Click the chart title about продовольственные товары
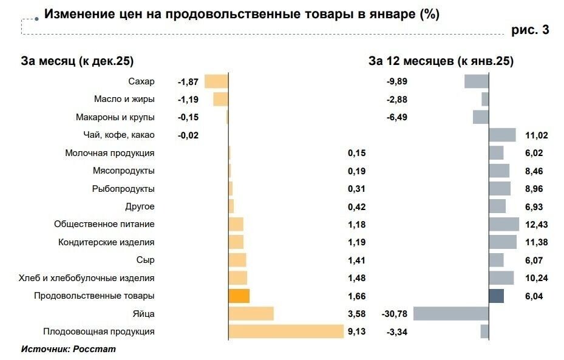tap(242, 14)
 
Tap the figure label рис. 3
tap(530, 30)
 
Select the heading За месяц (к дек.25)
tap(77, 61)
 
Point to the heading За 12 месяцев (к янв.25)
tap(441, 61)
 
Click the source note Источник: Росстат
tap(68, 349)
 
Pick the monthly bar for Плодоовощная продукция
tap(286, 331)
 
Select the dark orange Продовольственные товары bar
tap(239, 296)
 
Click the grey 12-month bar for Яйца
tap(450, 313)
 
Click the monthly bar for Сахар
tap(216, 81)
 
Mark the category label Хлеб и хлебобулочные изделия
tap(87, 278)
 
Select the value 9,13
tap(356, 331)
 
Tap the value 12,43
tap(537, 225)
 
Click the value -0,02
tap(188, 135)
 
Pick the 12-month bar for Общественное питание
tap(504, 224)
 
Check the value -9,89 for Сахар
tap(397, 81)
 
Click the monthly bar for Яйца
tap(251, 313)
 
